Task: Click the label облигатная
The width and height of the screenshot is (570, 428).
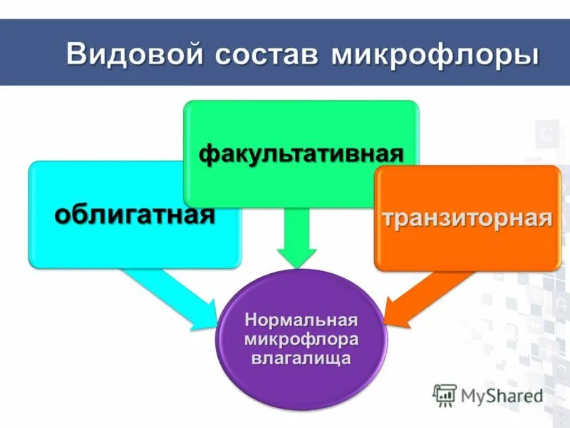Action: coord(135,213)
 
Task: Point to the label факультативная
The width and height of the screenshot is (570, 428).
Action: coord(301,153)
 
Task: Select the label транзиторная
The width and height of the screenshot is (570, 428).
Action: coord(467,218)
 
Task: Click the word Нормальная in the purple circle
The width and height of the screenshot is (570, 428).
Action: coord(300,318)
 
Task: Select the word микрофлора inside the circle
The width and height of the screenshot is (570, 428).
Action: coord(300,337)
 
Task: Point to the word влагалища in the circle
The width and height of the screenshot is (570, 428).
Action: coord(300,357)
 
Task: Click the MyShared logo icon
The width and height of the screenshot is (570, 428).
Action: coord(445,395)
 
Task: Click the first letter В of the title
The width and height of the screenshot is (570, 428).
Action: coord(76,56)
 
